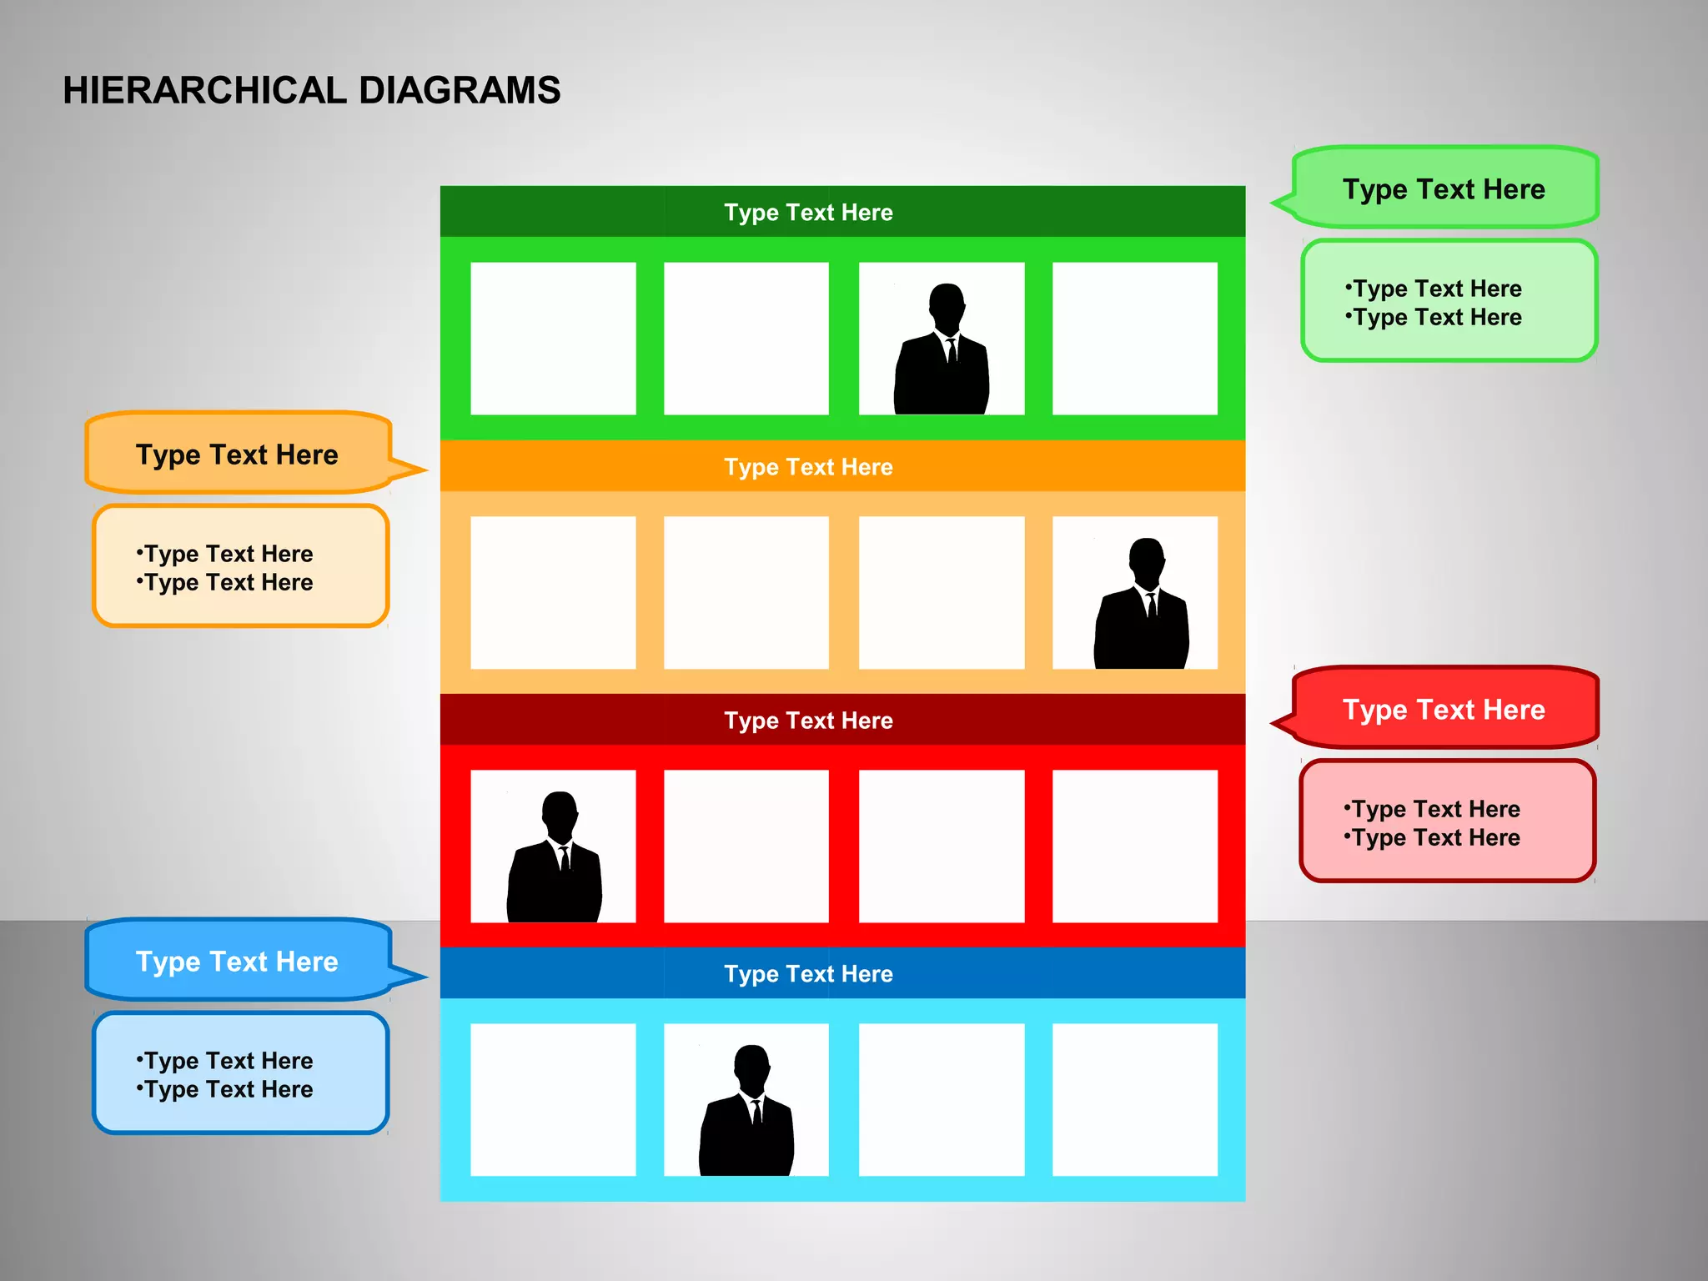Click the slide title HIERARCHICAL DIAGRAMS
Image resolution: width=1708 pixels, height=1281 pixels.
311,90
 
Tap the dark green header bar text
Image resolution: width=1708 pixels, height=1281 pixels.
807,212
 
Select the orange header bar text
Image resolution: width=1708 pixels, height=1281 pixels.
807,466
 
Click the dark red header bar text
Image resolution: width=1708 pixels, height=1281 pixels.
807,720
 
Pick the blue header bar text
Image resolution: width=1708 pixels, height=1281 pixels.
807,973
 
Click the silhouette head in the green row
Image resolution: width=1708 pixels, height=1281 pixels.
947,305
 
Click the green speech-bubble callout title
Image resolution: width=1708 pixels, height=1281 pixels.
1443,189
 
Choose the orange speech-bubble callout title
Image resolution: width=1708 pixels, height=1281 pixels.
237,455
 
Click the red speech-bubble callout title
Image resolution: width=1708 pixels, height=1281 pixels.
1443,710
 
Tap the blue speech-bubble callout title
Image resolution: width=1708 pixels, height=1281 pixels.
237,962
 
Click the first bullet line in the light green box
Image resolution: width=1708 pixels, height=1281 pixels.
1434,289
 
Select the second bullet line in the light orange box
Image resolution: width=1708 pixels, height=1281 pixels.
225,582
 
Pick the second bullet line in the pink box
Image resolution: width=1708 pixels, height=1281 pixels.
1433,837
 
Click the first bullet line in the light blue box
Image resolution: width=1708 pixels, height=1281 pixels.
225,1061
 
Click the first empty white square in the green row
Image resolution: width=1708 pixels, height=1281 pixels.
553,339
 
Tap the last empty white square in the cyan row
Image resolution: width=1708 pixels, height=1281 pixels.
1134,1099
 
